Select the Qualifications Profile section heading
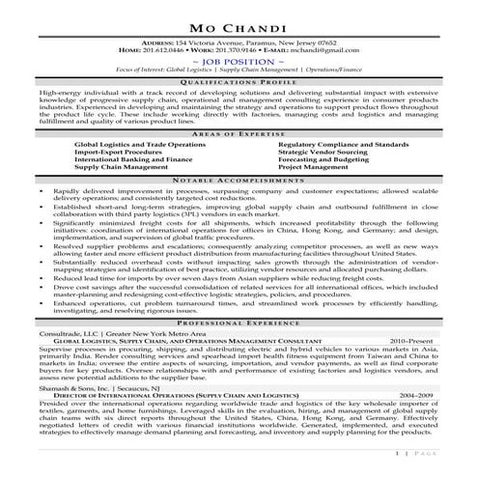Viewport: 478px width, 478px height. pyautogui.click(x=239, y=84)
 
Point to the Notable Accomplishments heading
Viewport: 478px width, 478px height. pyautogui.click(x=239, y=182)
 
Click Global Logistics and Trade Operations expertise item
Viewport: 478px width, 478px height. pyautogui.click(x=139, y=143)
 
